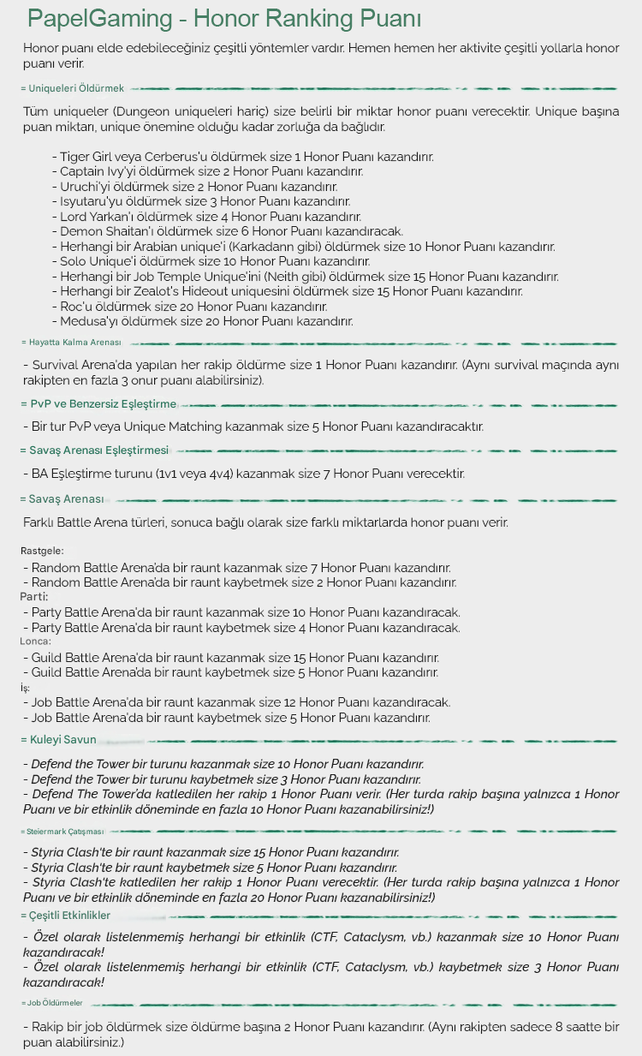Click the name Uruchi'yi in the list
coord(88,187)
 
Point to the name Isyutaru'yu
coord(94,202)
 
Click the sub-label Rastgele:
coord(42,551)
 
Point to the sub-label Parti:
coord(34,596)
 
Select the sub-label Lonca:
coord(36,641)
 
